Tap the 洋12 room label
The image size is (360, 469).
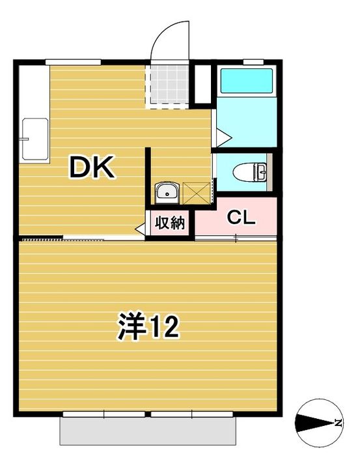pos(148,326)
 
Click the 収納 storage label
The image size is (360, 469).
pos(169,223)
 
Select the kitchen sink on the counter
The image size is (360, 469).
pos(34,138)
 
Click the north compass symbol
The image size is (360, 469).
pos(316,423)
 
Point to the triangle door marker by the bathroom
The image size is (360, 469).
pos(222,137)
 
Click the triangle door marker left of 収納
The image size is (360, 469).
pos(140,229)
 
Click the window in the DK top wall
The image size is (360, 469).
pos(73,61)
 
